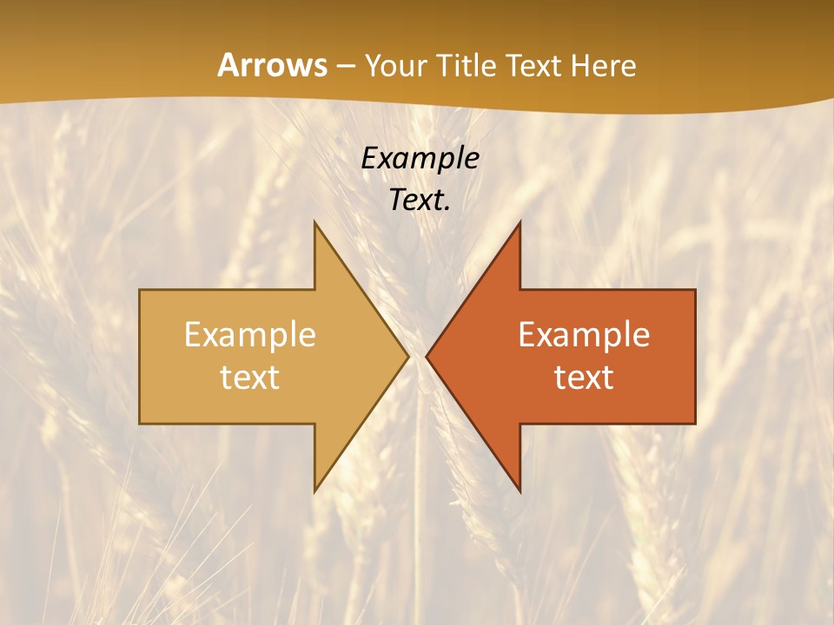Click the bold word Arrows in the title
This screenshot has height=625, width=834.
[272, 65]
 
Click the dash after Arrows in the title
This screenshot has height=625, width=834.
[345, 67]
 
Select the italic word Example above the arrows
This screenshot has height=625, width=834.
[420, 158]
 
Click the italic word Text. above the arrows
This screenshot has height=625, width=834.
[420, 200]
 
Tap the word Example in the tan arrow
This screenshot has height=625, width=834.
[250, 334]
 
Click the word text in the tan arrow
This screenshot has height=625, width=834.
[250, 377]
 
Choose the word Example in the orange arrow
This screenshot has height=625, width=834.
[584, 334]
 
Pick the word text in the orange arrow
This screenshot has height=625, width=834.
[584, 377]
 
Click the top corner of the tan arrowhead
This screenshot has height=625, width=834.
[314, 222]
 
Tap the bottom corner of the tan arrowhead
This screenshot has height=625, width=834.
[314, 491]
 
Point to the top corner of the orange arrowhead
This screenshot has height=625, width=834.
[520, 222]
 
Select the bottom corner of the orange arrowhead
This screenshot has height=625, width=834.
[520, 491]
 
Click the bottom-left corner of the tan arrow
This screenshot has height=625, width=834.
[140, 424]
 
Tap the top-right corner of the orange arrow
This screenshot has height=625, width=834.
[695, 290]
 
